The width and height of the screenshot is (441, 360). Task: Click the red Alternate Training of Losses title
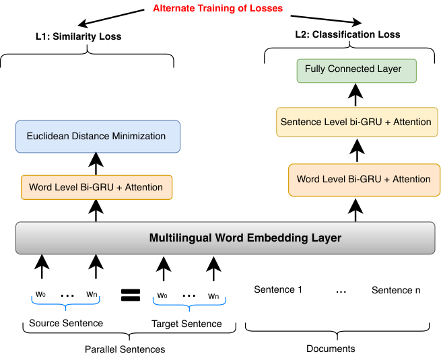coord(217,9)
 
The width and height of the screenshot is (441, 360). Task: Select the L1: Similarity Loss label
coord(79,36)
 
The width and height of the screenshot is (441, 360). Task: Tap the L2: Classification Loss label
coord(347,34)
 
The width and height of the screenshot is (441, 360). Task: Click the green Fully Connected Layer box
coord(357,71)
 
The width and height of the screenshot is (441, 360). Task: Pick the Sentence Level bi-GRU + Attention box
coord(357,122)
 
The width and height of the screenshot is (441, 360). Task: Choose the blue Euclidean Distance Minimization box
coord(98,137)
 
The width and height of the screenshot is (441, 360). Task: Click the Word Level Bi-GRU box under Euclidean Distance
coord(96,188)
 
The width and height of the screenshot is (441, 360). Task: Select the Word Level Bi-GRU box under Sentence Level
coord(364,180)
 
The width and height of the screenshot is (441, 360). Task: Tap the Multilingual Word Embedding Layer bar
coord(226,238)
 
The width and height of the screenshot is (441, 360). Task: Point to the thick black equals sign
coord(131,295)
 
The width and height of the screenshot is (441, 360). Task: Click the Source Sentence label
coord(66,323)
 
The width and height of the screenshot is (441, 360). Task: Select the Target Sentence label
coord(186,324)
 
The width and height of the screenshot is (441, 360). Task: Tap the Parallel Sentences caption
coord(125,349)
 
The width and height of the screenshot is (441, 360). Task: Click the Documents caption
coord(331,349)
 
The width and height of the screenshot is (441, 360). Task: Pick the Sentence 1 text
coord(278,289)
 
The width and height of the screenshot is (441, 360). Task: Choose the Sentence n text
coord(396,290)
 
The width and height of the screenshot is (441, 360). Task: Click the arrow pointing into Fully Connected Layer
coord(355,95)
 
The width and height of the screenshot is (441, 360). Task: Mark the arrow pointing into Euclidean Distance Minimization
coord(96,164)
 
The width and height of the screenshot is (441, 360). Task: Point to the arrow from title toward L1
coord(111,18)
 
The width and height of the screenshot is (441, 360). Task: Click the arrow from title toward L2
coord(327,20)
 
